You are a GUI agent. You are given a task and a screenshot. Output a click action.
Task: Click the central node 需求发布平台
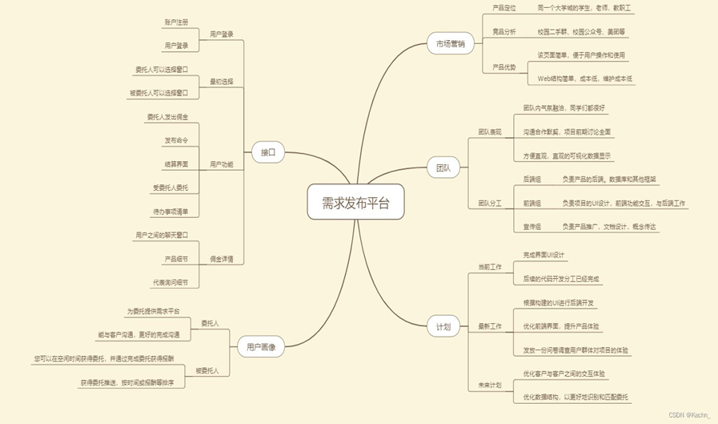click(355, 202)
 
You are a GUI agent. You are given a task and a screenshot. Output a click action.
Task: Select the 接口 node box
click(267, 151)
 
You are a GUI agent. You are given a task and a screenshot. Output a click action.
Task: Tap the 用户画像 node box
click(261, 347)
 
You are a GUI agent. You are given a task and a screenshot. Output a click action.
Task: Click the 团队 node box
click(443, 168)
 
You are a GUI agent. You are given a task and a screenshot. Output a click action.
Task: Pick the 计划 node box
click(443, 327)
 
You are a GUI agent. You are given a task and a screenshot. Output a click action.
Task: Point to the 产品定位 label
click(503, 8)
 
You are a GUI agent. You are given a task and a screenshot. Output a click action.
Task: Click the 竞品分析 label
click(503, 32)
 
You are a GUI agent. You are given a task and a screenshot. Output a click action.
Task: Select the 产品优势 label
click(503, 67)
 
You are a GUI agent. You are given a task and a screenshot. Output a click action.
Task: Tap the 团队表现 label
click(490, 131)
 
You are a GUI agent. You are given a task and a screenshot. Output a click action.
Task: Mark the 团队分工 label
click(490, 204)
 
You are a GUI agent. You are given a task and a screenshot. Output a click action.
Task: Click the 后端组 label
click(531, 180)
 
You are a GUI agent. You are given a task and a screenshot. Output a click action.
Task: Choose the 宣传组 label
click(531, 227)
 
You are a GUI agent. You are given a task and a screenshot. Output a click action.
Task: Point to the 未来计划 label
click(490, 386)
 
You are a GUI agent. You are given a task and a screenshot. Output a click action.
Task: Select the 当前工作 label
click(490, 267)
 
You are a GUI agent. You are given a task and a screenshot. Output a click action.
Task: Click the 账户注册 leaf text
click(176, 22)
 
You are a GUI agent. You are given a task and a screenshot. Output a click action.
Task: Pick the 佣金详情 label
click(222, 259)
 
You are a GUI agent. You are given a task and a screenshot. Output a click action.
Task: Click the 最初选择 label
click(222, 82)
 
